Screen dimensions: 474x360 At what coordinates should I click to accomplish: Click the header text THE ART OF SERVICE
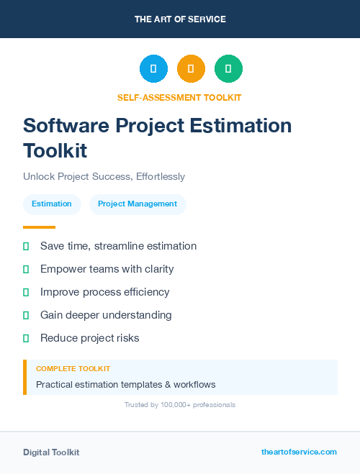180,19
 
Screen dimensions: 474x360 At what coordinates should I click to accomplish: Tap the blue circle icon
153,69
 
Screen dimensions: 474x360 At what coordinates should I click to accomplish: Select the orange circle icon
191,69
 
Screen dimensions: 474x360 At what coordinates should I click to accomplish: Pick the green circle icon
228,69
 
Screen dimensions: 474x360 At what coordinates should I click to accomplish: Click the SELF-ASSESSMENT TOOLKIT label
180,97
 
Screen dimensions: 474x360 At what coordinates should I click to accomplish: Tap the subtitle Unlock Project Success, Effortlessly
104,176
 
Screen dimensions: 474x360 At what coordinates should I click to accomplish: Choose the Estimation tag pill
52,204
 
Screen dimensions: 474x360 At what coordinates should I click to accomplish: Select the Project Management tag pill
138,204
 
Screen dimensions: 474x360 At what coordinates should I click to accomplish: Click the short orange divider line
39,227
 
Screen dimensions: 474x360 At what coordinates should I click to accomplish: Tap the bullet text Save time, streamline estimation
118,246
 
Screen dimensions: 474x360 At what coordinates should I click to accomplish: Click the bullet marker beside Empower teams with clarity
26,269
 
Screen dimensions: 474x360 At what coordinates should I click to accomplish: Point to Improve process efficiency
105,292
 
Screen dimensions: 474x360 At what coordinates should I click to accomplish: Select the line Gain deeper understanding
106,315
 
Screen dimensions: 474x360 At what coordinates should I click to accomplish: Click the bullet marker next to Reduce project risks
26,338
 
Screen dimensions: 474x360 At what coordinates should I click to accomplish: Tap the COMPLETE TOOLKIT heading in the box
73,368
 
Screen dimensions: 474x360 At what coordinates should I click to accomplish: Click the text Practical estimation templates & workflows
125,385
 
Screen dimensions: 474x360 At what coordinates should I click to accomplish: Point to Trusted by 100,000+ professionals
180,405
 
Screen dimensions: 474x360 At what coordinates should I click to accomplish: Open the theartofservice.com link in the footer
299,452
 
